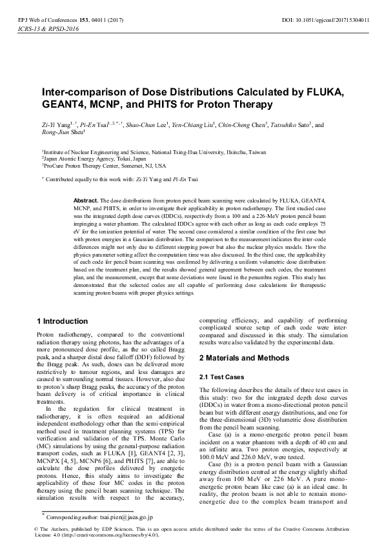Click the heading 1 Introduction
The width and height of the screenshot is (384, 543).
tap(62, 321)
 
